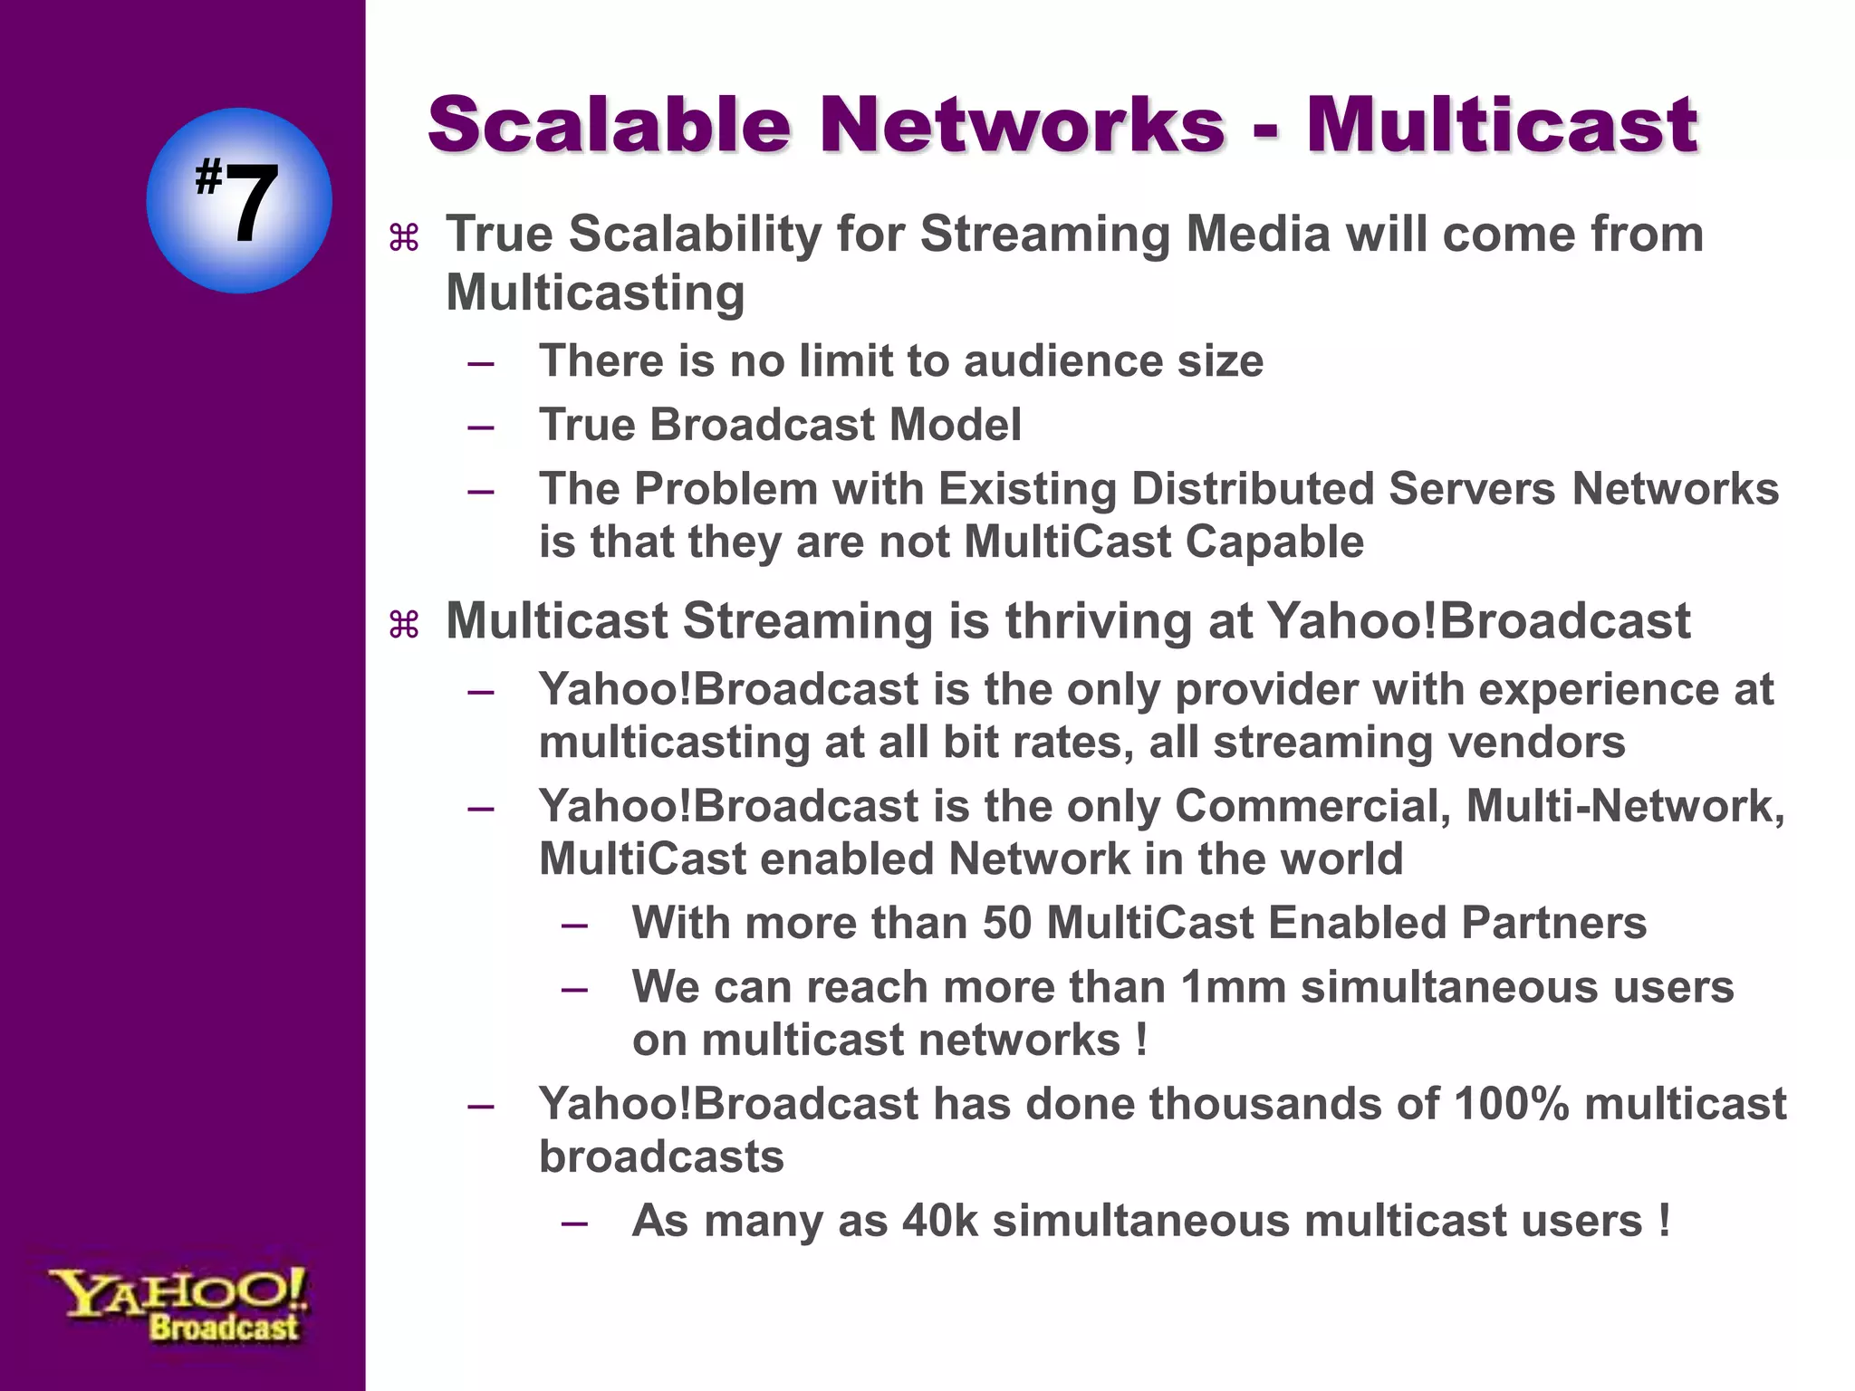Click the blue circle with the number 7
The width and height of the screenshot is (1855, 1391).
(238, 200)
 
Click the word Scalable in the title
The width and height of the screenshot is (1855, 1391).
(610, 125)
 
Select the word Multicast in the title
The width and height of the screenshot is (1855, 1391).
(1501, 125)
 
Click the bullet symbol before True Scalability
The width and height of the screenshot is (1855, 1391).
(403, 238)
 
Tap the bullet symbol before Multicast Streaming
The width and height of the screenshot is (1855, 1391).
(403, 625)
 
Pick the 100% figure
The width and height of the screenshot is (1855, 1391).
(1511, 1104)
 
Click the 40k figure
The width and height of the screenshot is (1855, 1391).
(940, 1221)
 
